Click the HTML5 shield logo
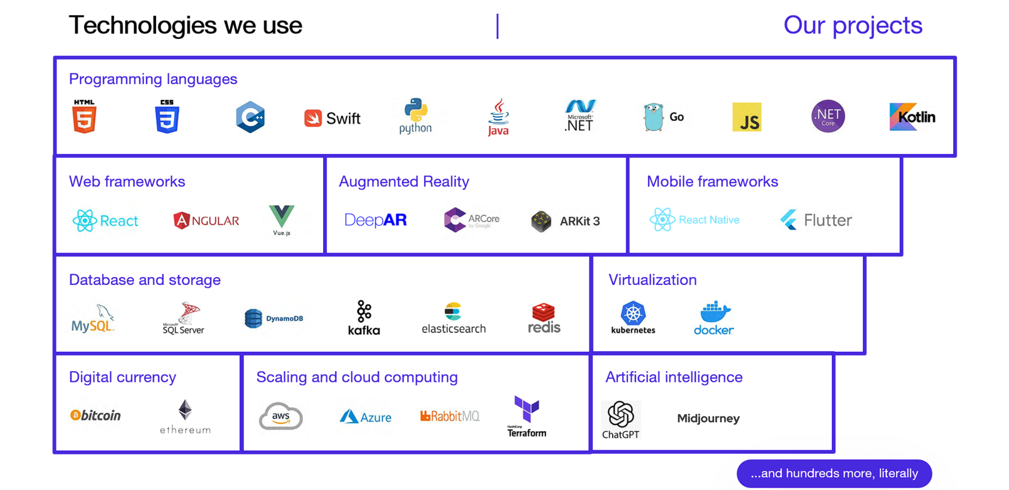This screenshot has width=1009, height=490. pos(84,117)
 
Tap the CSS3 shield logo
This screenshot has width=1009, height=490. pos(167,117)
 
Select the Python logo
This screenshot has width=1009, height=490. pos(416,115)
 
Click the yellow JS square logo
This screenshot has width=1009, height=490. pos(747,117)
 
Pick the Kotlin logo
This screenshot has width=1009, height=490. pos(912,117)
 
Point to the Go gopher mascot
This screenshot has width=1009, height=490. pos(653,117)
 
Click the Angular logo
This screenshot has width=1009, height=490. pos(206,221)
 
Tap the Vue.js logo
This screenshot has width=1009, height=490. pos(282,219)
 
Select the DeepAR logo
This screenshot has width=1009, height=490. pos(375,220)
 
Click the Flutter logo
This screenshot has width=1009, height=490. pos(816,220)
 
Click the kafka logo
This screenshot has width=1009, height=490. pos(364,317)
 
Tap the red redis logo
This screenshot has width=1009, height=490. pos(544,318)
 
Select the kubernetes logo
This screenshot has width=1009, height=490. pos(633,317)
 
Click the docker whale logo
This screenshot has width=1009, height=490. pos(714,318)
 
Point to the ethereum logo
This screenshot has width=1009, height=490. pos(185,416)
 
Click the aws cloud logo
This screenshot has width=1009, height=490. pos(280,416)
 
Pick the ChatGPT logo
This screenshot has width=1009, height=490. pos(621,419)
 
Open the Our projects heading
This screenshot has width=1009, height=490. pos(852,25)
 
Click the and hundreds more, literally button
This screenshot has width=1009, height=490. pos(834,473)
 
